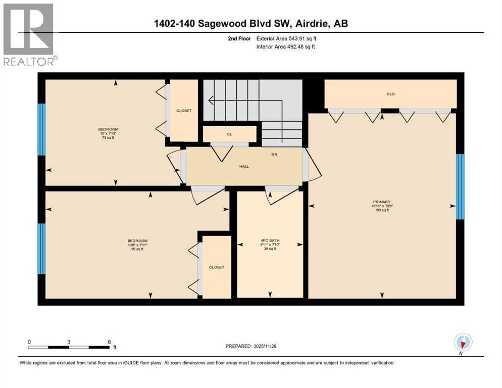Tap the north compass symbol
pos(463,343)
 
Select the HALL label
pos(244,166)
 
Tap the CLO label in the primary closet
pos(390,94)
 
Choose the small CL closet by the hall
pos(229,134)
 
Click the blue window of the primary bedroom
pos(460,186)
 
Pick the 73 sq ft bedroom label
pos(108,133)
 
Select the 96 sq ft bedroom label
pos(137,245)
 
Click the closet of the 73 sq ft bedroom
pos(184,111)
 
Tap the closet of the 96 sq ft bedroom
pos(216,267)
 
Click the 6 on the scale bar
pos(109,341)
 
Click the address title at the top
pos(251,23)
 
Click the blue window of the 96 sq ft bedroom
pos(42,249)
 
